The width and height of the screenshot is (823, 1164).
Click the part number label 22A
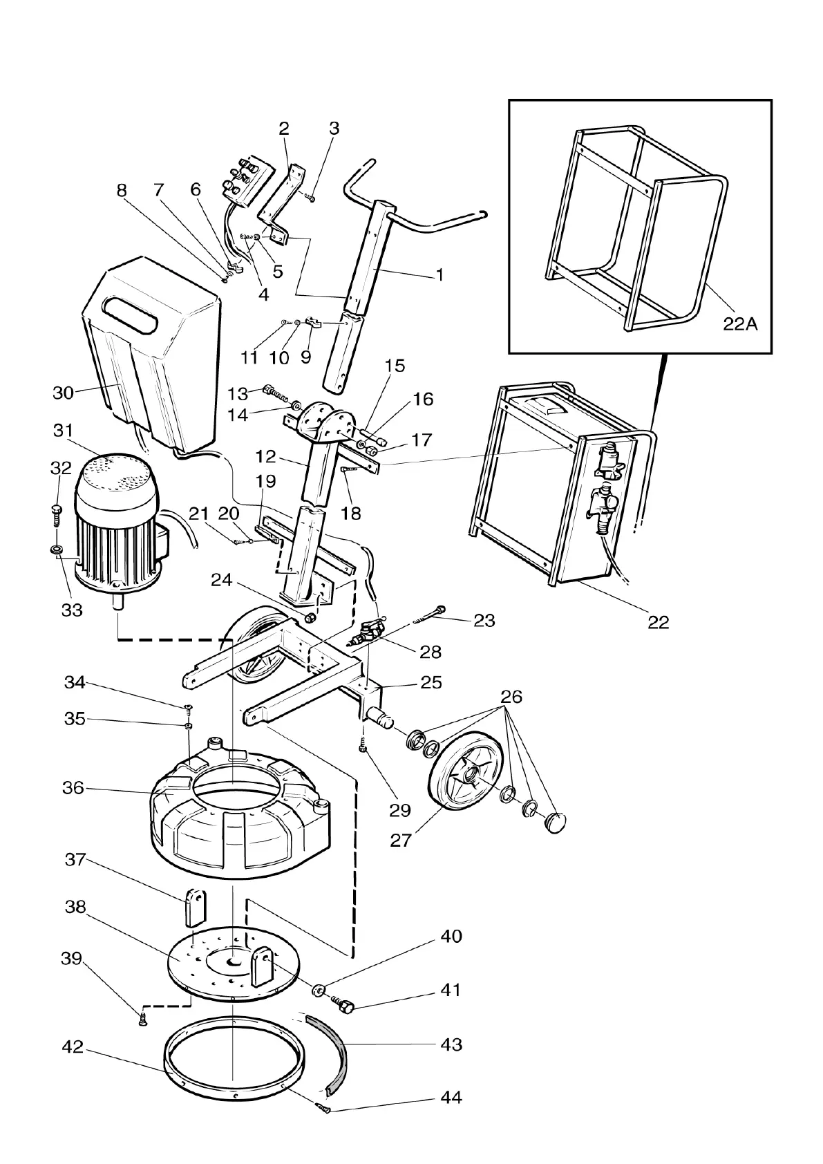point(740,323)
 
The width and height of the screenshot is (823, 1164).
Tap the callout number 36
point(73,788)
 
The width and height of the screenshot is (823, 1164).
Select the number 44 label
point(451,1098)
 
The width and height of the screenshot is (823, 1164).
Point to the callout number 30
point(63,393)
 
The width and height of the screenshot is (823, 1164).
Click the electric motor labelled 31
point(117,525)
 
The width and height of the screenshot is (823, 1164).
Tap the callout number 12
point(266,457)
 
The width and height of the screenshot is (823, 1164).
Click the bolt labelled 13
point(274,394)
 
